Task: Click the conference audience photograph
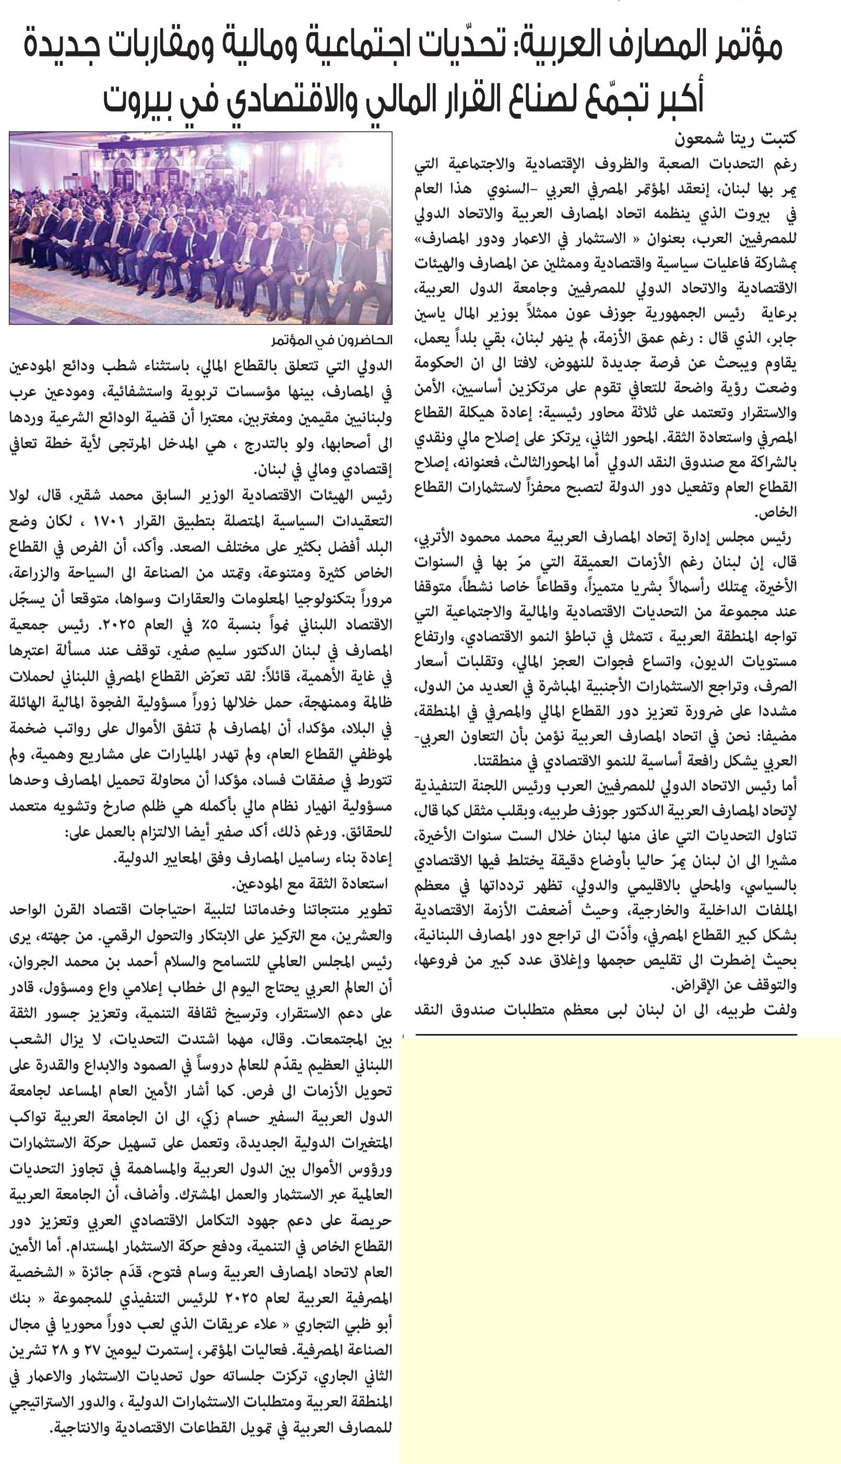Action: point(200,228)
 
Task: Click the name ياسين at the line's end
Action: point(433,314)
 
